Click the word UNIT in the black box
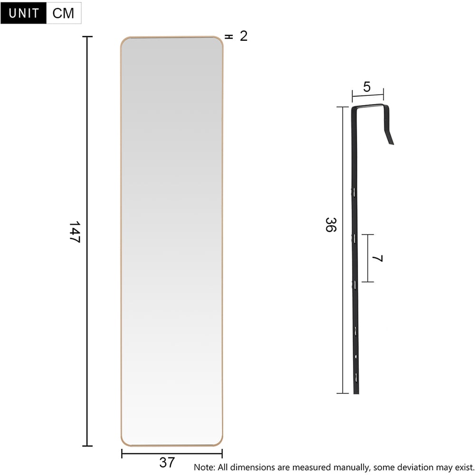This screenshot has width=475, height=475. click(x=24, y=13)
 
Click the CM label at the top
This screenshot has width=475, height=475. click(x=64, y=13)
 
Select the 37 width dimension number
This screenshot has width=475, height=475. click(x=167, y=462)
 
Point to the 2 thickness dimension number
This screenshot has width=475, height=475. click(x=244, y=36)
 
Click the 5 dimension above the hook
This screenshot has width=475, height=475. click(x=366, y=87)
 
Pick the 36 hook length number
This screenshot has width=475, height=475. click(x=330, y=224)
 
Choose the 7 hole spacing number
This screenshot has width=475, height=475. click(x=378, y=259)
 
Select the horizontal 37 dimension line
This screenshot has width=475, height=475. click(x=142, y=454)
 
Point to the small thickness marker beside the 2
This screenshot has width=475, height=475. click(x=228, y=37)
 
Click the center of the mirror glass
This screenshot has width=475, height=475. click(x=171, y=241)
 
